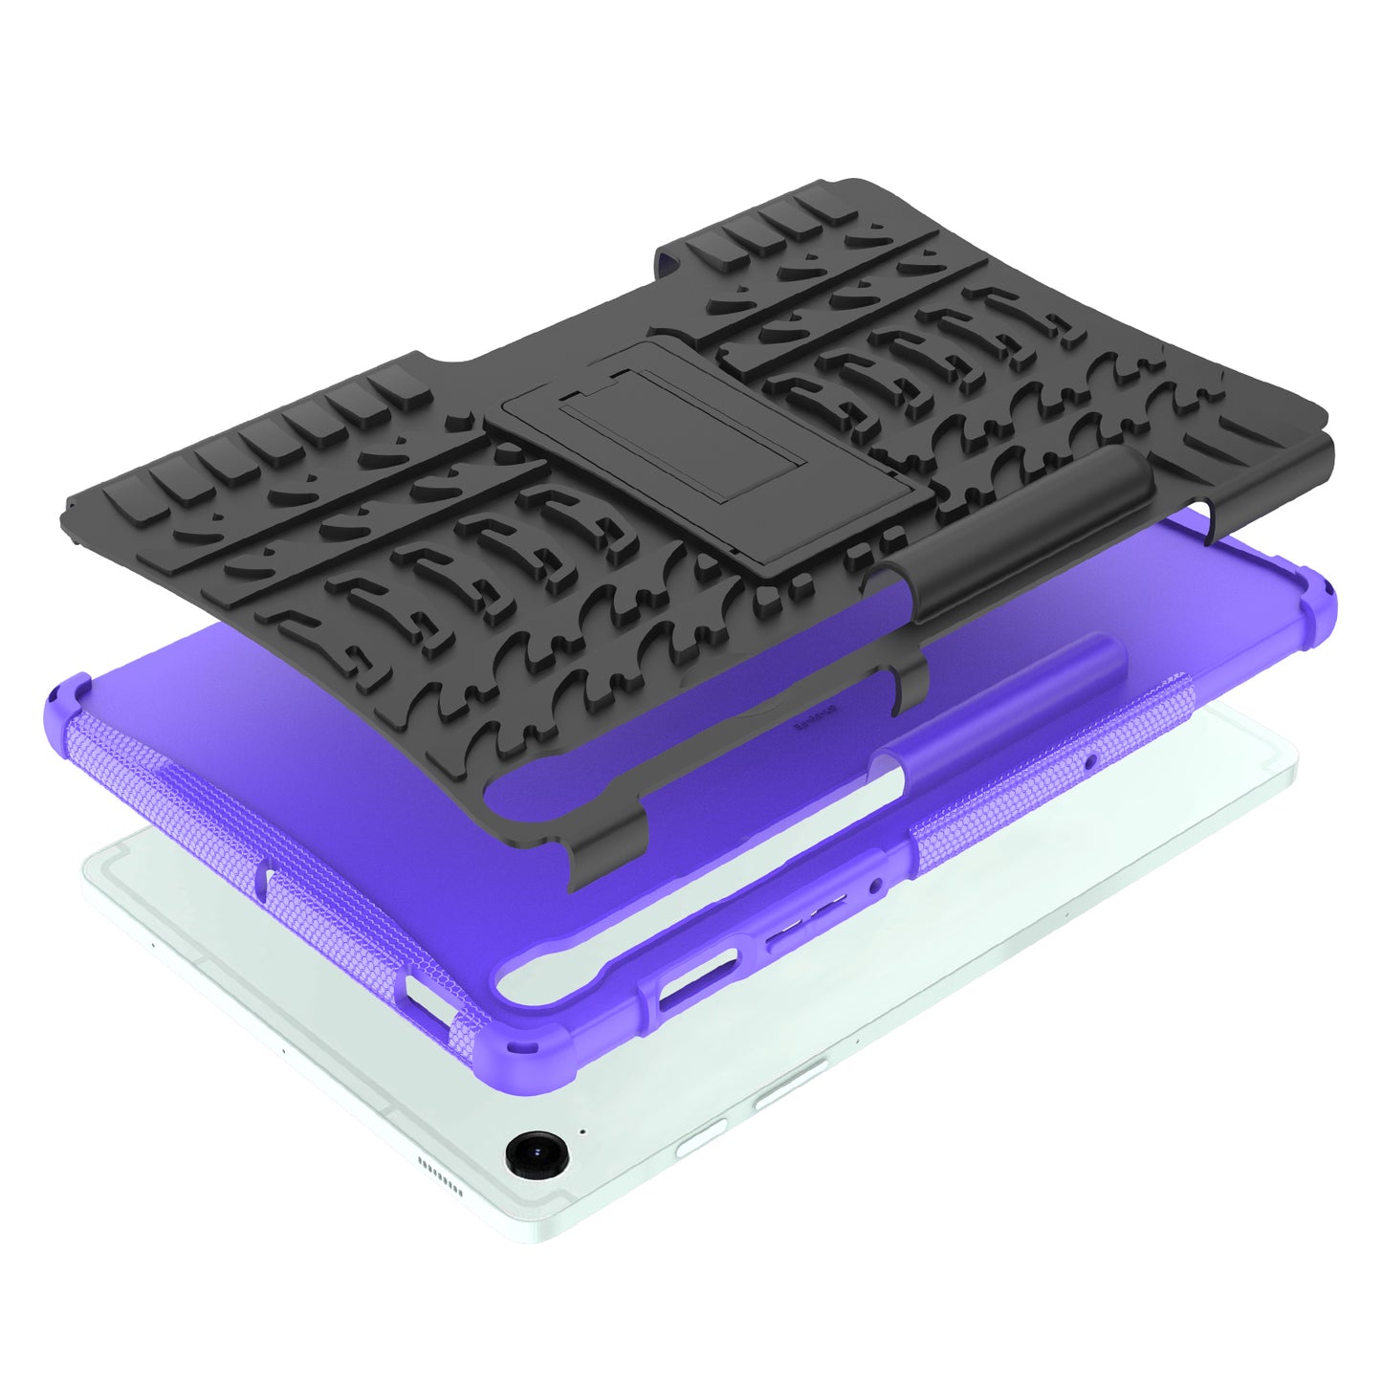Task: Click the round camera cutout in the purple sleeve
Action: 874,887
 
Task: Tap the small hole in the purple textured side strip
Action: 1090,762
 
